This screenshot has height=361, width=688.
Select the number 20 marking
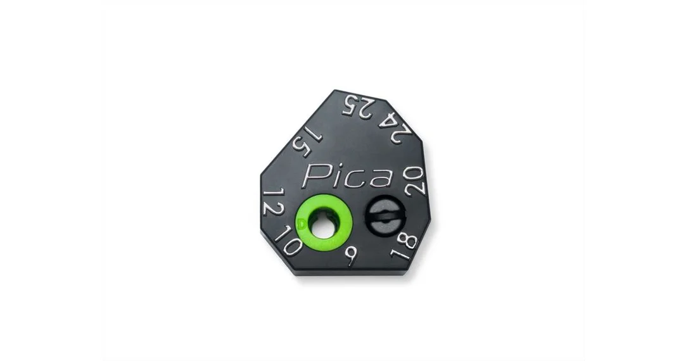pyautogui.click(x=415, y=181)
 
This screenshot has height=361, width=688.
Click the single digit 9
pyautogui.click(x=351, y=256)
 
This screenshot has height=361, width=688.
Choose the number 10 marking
pyautogui.click(x=288, y=241)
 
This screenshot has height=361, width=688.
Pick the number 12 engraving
pyautogui.click(x=272, y=202)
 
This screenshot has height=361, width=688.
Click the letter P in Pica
pyautogui.click(x=314, y=176)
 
